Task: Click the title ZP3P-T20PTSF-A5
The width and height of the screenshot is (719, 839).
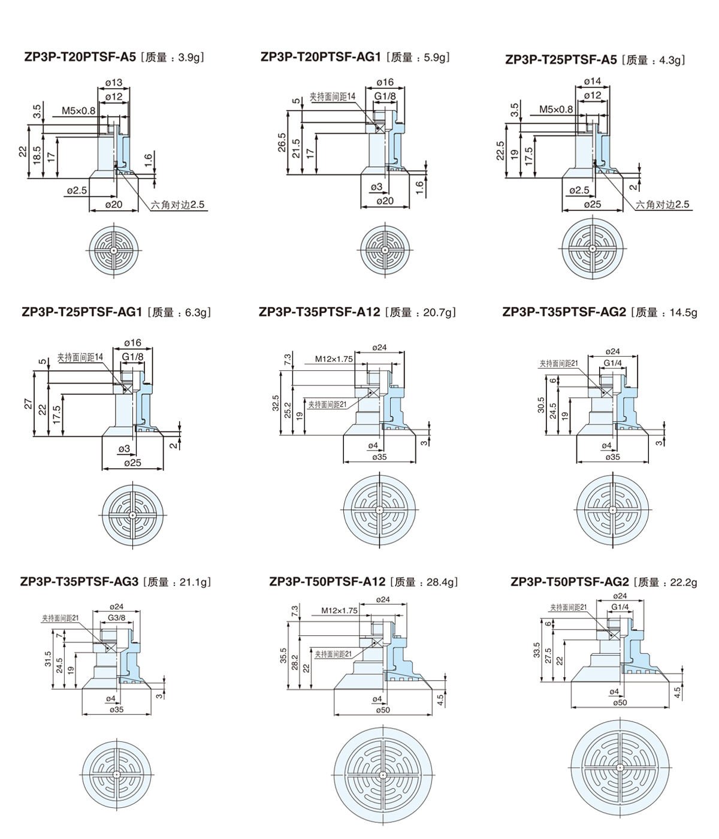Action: pos(80,58)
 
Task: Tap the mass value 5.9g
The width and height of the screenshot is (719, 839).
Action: pos(436,58)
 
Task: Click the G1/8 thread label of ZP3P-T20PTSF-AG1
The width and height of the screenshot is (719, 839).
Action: pos(385,96)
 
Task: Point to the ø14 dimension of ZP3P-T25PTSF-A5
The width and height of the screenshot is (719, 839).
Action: pos(592,82)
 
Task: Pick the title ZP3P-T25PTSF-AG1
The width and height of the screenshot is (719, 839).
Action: pos(81,312)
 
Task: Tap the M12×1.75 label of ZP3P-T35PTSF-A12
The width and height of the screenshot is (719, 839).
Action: pos(334,360)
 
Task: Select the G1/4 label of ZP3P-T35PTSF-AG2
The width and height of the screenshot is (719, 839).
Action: pos(612,363)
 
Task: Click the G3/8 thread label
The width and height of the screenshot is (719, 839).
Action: pos(116,618)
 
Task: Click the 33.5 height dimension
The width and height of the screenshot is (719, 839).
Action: pos(537,650)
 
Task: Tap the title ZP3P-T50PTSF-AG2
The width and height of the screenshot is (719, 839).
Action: pos(570,582)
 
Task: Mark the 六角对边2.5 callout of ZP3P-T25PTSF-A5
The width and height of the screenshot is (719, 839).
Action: pos(663,204)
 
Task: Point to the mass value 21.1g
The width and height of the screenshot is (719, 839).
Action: pos(195,582)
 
